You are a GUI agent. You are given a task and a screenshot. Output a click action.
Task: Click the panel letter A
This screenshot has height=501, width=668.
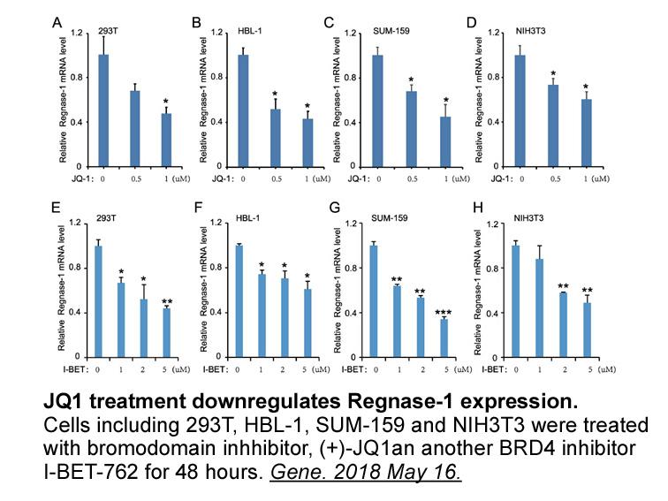pos(57,22)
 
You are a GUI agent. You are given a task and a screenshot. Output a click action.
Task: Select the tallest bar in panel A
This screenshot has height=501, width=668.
pos(103,110)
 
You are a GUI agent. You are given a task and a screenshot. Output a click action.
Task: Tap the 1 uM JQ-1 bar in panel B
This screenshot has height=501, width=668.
pos(307,143)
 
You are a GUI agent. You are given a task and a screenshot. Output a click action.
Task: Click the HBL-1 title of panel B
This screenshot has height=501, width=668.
pos(250,32)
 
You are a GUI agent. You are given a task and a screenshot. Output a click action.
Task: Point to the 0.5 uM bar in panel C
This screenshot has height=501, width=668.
pos(412,129)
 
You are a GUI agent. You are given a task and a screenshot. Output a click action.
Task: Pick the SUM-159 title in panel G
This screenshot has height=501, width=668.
pos(389,218)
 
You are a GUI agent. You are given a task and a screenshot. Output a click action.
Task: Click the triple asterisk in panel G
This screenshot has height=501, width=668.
pos(444,313)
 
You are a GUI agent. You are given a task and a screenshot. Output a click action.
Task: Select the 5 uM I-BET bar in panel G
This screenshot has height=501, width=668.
pos(444,338)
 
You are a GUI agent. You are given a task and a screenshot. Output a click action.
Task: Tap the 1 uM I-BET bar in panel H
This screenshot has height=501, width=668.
pos(539,308)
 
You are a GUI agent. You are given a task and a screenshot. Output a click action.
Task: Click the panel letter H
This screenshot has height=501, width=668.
pos(478,208)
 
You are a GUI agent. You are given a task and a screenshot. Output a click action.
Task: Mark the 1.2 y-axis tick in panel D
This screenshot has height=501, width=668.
pos(492,33)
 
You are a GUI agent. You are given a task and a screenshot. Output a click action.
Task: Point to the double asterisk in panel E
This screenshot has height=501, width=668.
pos(167,302)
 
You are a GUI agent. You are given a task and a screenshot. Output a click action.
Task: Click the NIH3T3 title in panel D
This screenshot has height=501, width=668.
pos(530,32)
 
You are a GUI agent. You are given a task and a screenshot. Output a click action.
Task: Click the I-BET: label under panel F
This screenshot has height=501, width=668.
pos(216,369)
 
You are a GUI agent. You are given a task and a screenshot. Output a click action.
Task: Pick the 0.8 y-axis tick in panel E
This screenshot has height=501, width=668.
pos(74,268)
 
